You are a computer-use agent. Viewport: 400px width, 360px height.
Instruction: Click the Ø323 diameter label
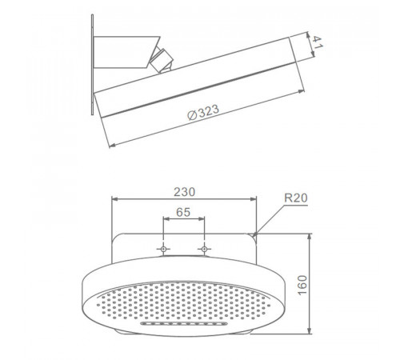203,112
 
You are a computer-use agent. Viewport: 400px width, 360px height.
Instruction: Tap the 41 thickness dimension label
318,42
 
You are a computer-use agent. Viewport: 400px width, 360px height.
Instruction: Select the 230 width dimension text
184,192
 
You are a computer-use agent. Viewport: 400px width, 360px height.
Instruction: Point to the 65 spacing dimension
183,212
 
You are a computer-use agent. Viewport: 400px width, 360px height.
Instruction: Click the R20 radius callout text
296,198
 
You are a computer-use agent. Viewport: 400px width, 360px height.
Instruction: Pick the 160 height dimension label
302,285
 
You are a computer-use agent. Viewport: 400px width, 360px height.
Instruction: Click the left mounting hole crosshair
163,249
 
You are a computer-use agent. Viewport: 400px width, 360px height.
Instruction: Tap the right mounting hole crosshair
204,249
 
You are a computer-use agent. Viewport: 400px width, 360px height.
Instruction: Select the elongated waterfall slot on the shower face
184,324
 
